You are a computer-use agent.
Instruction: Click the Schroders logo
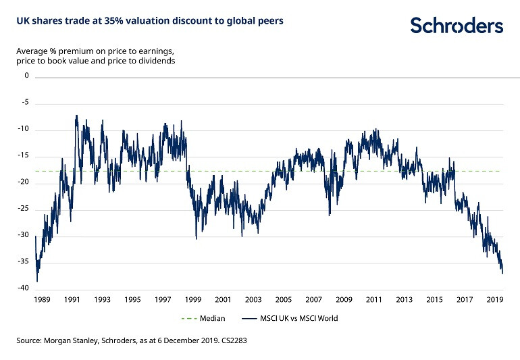[457, 26]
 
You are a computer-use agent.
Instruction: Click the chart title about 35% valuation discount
[149, 21]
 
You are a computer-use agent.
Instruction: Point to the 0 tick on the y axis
[27, 76]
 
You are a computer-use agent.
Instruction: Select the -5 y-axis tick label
[25, 103]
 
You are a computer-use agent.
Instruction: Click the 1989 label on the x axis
[43, 299]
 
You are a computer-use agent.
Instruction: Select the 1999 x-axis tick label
[193, 299]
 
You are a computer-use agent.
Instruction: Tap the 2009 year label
[344, 299]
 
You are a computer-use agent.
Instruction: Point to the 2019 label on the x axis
[494, 299]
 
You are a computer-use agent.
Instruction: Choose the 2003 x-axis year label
[253, 299]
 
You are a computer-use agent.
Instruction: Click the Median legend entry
[203, 318]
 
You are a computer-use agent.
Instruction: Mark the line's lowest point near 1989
[37, 281]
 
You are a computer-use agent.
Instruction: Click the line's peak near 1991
[76, 115]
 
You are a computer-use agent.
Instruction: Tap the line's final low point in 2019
[502, 274]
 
